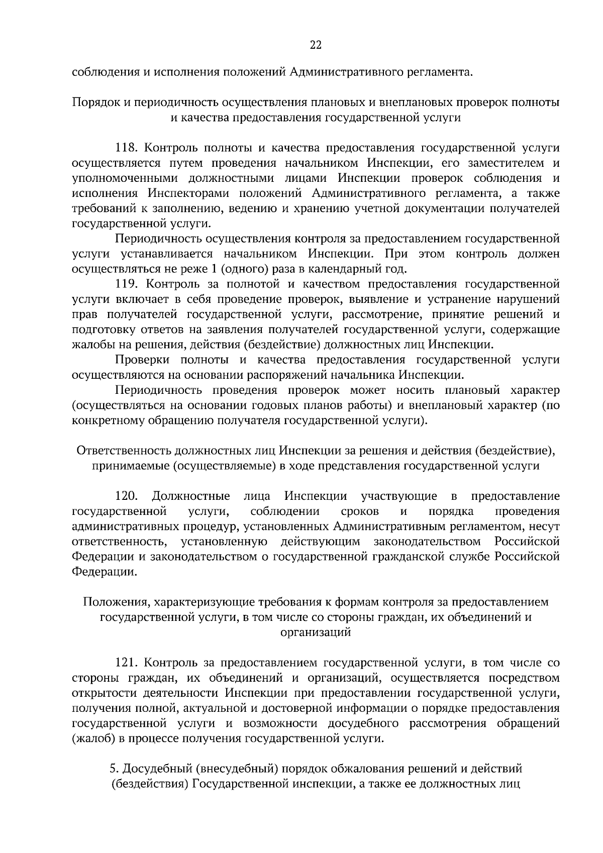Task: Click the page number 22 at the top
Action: click(x=315, y=45)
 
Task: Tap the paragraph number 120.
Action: click(x=126, y=496)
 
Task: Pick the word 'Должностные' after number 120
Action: click(x=191, y=496)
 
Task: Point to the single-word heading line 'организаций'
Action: click(x=315, y=632)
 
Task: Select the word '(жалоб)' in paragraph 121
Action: click(x=90, y=738)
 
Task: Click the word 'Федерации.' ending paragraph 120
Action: click(x=104, y=572)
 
